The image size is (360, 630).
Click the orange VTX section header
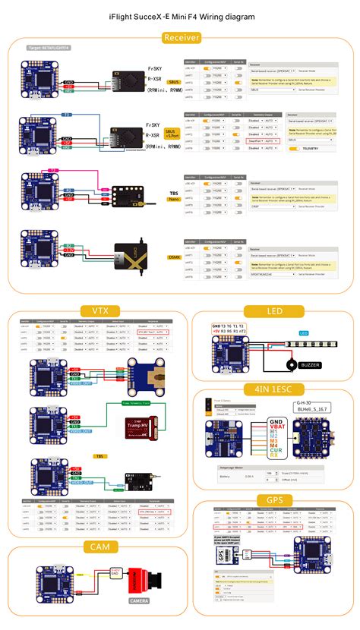pos(96,311)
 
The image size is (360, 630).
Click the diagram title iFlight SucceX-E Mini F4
pos(180,15)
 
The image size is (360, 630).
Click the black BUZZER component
pos(290,366)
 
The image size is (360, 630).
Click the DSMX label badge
pos(173,257)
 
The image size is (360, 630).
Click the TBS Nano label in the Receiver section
pos(174,198)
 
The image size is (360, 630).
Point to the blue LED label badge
pos(303,333)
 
